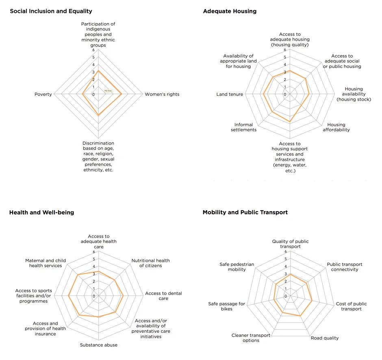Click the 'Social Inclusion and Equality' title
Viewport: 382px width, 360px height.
[51, 11]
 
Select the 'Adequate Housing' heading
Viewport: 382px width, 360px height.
[230, 11]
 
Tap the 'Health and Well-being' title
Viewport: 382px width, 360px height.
[41, 212]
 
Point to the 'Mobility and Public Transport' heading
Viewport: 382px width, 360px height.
[245, 212]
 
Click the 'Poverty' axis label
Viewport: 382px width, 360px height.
[43, 95]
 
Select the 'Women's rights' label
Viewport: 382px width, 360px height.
[162, 95]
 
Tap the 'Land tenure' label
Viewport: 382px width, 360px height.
[230, 95]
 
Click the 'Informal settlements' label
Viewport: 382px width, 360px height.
[243, 127]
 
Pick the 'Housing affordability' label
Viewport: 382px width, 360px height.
[336, 127]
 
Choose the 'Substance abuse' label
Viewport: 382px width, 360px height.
[98, 345]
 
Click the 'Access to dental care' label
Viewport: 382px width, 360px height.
[163, 296]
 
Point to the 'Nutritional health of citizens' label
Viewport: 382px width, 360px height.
[150, 263]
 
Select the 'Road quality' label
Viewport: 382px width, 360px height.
[324, 338]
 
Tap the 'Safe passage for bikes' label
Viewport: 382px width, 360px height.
[226, 306]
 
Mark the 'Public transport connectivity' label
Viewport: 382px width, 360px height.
[344, 267]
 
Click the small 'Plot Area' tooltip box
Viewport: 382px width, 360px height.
[108, 91]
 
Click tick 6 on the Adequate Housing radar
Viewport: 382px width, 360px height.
[285, 50]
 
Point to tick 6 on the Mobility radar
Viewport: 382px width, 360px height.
[285, 252]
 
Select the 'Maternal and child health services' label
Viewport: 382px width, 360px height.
[45, 263]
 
